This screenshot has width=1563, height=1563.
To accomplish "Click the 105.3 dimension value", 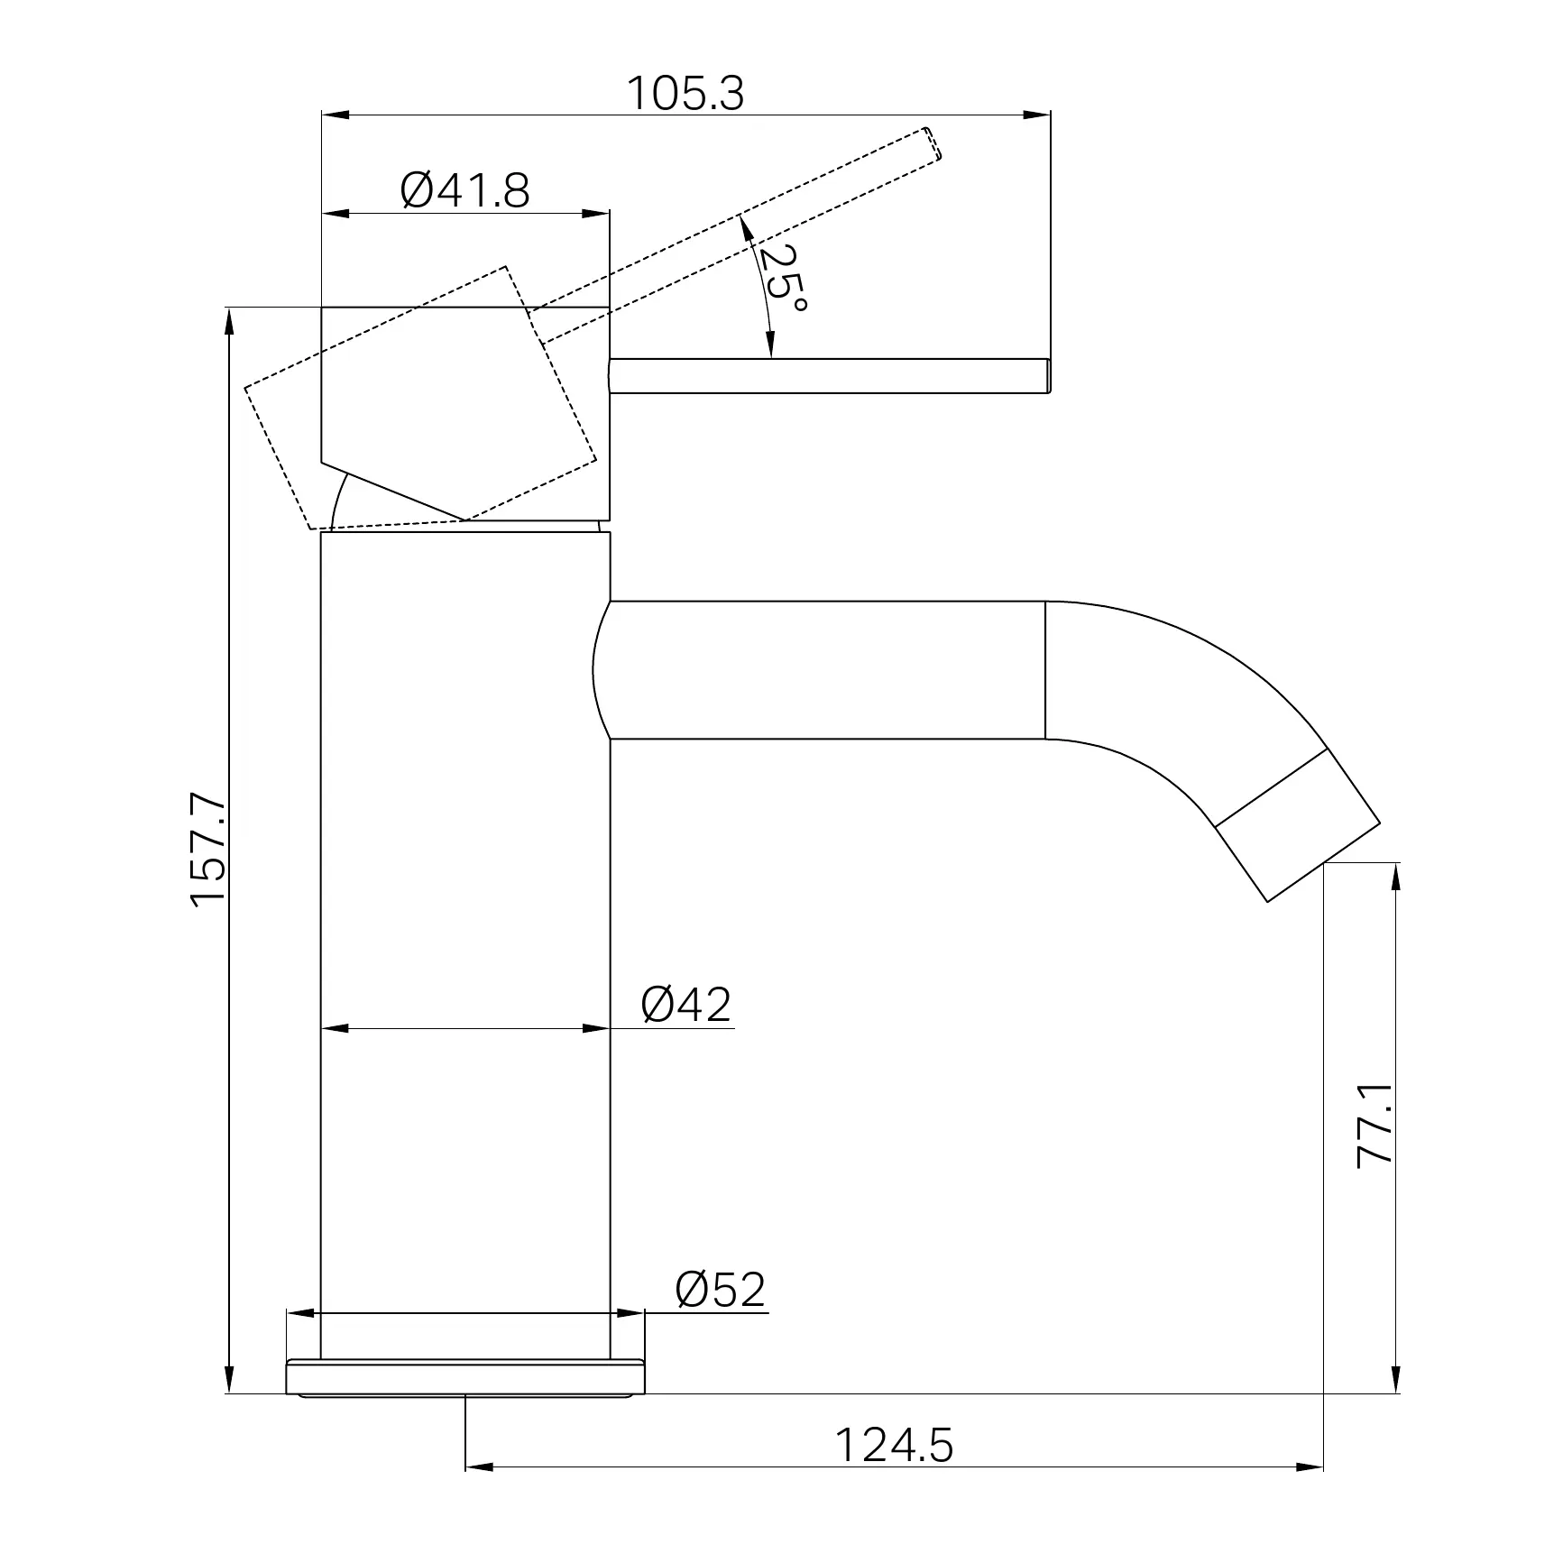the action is [x=685, y=93].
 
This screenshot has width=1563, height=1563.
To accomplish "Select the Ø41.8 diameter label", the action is [x=465, y=190].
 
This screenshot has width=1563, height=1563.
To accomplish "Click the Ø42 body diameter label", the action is [x=686, y=1004].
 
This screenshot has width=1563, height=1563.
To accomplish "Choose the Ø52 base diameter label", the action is [x=721, y=1290].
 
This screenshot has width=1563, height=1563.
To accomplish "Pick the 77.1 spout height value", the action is [x=1376, y=1126].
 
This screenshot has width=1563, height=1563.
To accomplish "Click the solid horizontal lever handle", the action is [x=830, y=376].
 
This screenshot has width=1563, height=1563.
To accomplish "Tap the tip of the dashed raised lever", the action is [x=935, y=144].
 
